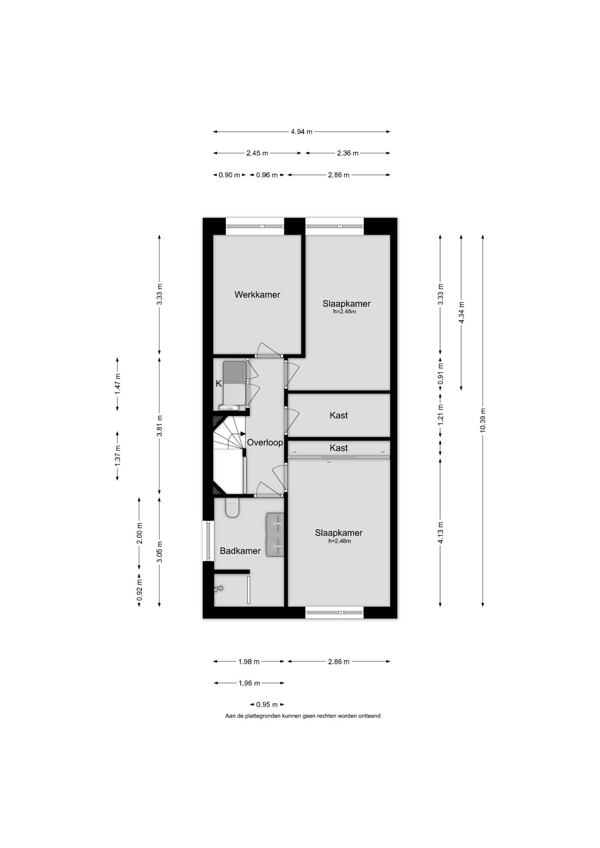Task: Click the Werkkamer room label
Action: click(x=257, y=295)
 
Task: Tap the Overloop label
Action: click(x=265, y=442)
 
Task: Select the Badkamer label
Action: click(x=240, y=551)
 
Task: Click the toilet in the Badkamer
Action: click(x=232, y=507)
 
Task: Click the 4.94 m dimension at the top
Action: click(x=301, y=132)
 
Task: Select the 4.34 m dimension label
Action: click(x=461, y=312)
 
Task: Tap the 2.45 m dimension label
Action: click(x=257, y=153)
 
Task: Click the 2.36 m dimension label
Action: click(x=348, y=153)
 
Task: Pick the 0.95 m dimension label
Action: click(x=267, y=704)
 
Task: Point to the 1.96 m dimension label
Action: click(x=249, y=683)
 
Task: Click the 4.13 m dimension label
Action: click(x=441, y=533)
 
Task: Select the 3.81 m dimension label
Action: click(x=159, y=426)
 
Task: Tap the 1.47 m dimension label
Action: click(x=118, y=384)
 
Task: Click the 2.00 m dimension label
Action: click(x=139, y=533)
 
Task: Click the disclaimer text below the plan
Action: click(x=303, y=716)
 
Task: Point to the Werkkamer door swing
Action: click(x=269, y=349)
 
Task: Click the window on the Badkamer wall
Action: click(x=208, y=541)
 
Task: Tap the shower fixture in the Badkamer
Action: click(x=218, y=589)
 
